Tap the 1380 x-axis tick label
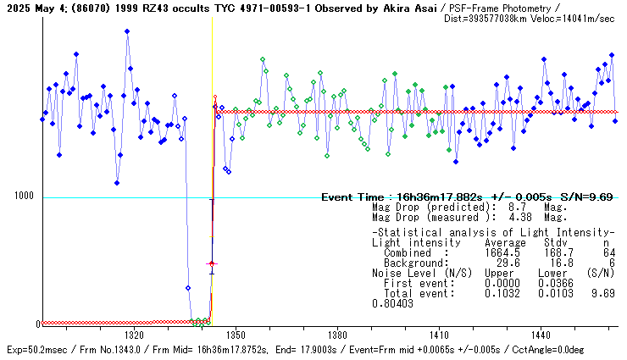337,335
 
